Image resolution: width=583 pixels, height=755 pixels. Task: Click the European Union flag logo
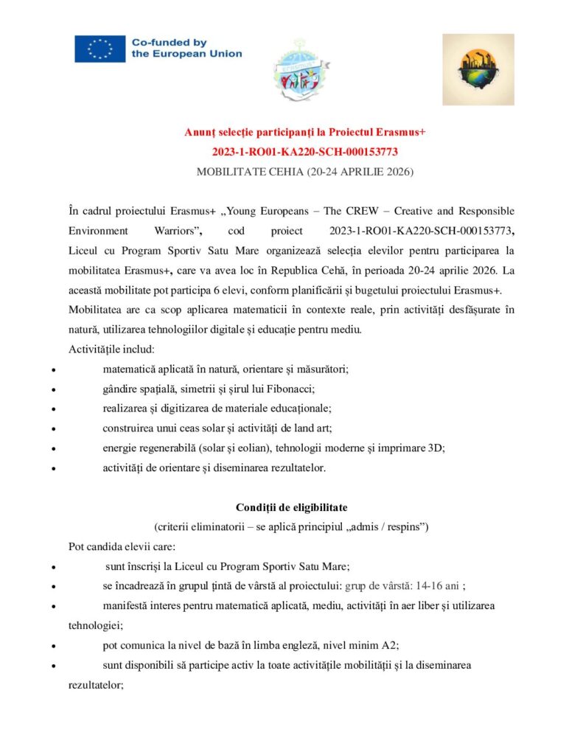100,49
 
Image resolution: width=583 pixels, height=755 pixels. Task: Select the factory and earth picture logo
478,69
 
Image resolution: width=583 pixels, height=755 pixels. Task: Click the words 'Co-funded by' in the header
169,43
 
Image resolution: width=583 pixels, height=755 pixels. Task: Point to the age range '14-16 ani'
439,585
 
